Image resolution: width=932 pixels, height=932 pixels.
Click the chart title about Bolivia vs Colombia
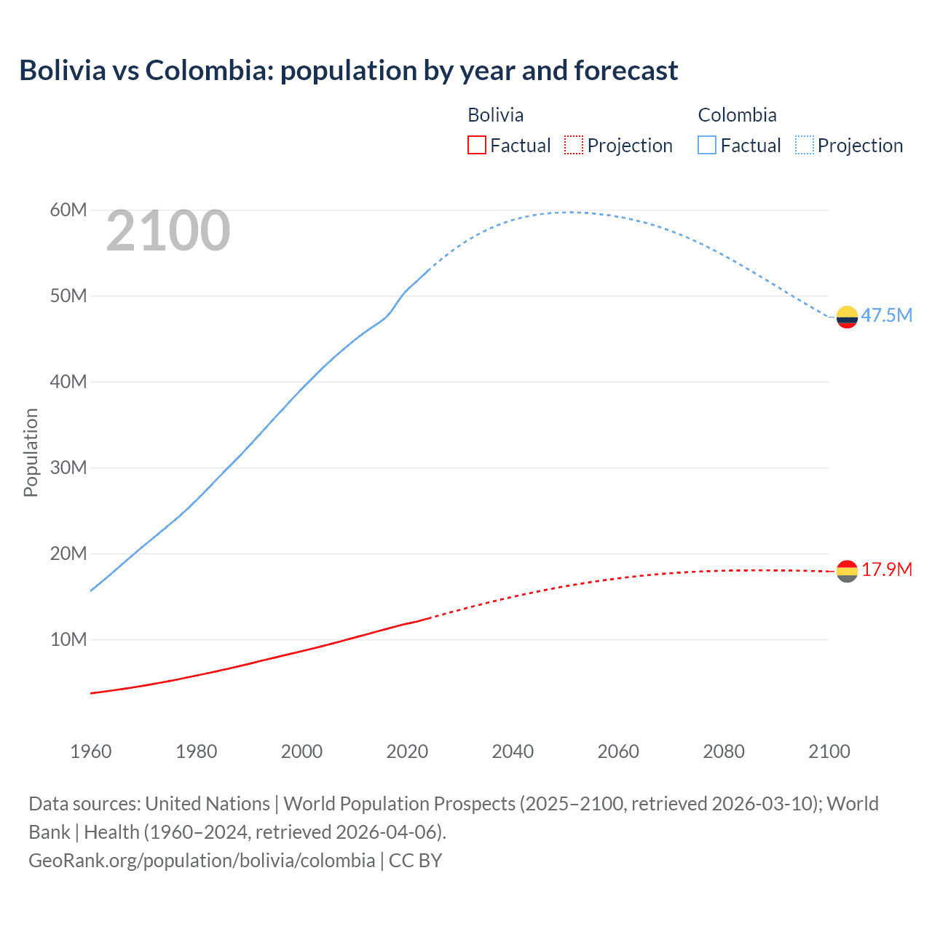pos(348,71)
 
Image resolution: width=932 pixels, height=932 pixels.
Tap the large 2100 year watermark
pos(168,232)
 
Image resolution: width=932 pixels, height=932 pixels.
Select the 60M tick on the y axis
pos(68,210)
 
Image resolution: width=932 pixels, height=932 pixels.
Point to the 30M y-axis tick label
pos(68,467)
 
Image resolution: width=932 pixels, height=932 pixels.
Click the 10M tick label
pos(68,639)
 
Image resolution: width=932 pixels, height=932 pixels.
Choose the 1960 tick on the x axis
pos(91,751)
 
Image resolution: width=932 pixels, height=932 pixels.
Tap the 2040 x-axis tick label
pos(513,751)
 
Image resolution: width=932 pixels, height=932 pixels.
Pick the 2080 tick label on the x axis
pos(724,751)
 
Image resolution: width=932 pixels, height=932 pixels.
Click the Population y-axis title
pos(31,452)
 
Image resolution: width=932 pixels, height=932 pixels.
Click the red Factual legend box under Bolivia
pos(477,145)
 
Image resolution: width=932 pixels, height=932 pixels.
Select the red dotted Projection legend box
pos(574,145)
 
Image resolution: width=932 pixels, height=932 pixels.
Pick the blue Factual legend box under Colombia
pos(707,145)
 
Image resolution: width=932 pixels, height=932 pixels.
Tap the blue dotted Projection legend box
pos(805,145)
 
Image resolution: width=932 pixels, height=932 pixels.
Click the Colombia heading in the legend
pos(737,115)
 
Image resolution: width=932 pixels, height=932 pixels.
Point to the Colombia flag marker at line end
pos(847,317)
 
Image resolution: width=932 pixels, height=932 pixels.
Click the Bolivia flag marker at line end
pos(847,572)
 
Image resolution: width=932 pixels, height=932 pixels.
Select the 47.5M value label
pos(886,315)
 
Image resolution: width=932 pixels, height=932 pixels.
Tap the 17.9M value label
pos(886,569)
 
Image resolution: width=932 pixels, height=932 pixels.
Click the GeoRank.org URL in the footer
pos(202,861)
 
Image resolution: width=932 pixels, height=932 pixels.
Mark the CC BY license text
pos(416,861)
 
